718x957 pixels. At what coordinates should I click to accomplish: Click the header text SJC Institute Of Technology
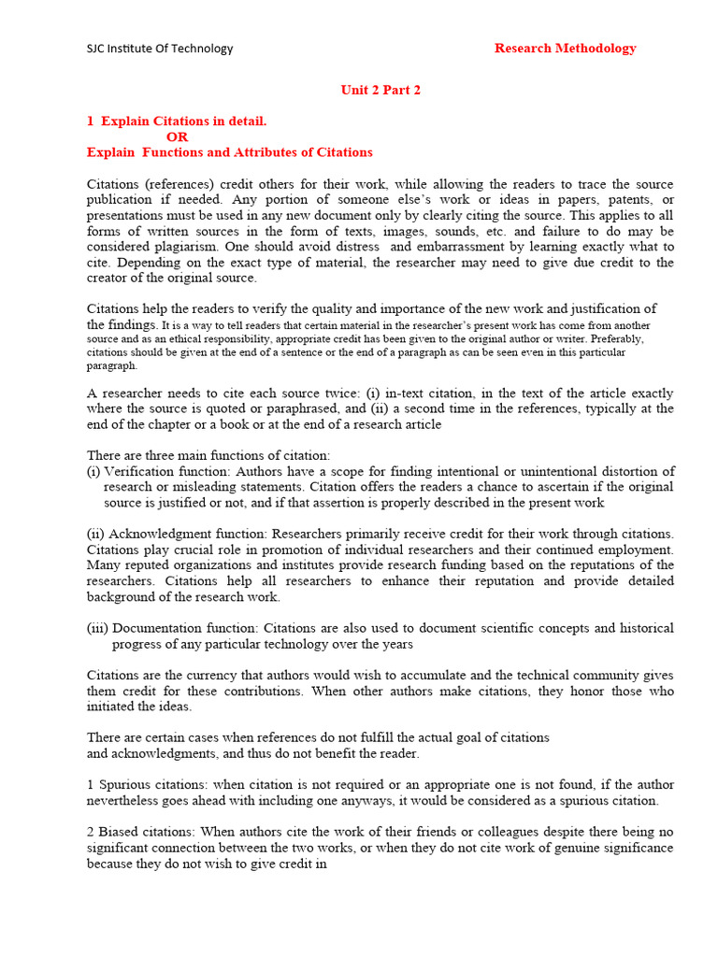[x=160, y=49]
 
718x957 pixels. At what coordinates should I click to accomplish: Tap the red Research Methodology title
[x=565, y=49]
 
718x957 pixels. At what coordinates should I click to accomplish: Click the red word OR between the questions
[x=177, y=136]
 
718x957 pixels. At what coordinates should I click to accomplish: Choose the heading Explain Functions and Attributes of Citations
[x=229, y=152]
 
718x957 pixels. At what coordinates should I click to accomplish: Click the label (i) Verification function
[x=158, y=472]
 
